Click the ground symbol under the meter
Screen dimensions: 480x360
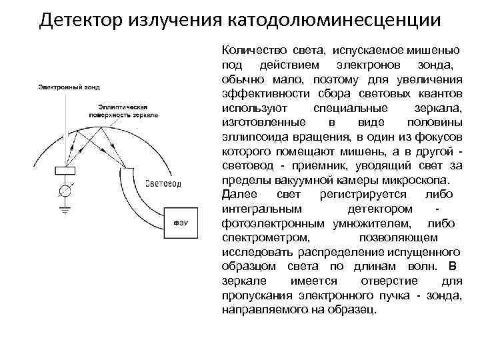[65, 209]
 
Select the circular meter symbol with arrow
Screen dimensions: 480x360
[65, 191]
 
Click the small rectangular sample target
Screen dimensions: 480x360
[65, 170]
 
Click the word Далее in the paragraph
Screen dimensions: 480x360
[235, 194]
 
